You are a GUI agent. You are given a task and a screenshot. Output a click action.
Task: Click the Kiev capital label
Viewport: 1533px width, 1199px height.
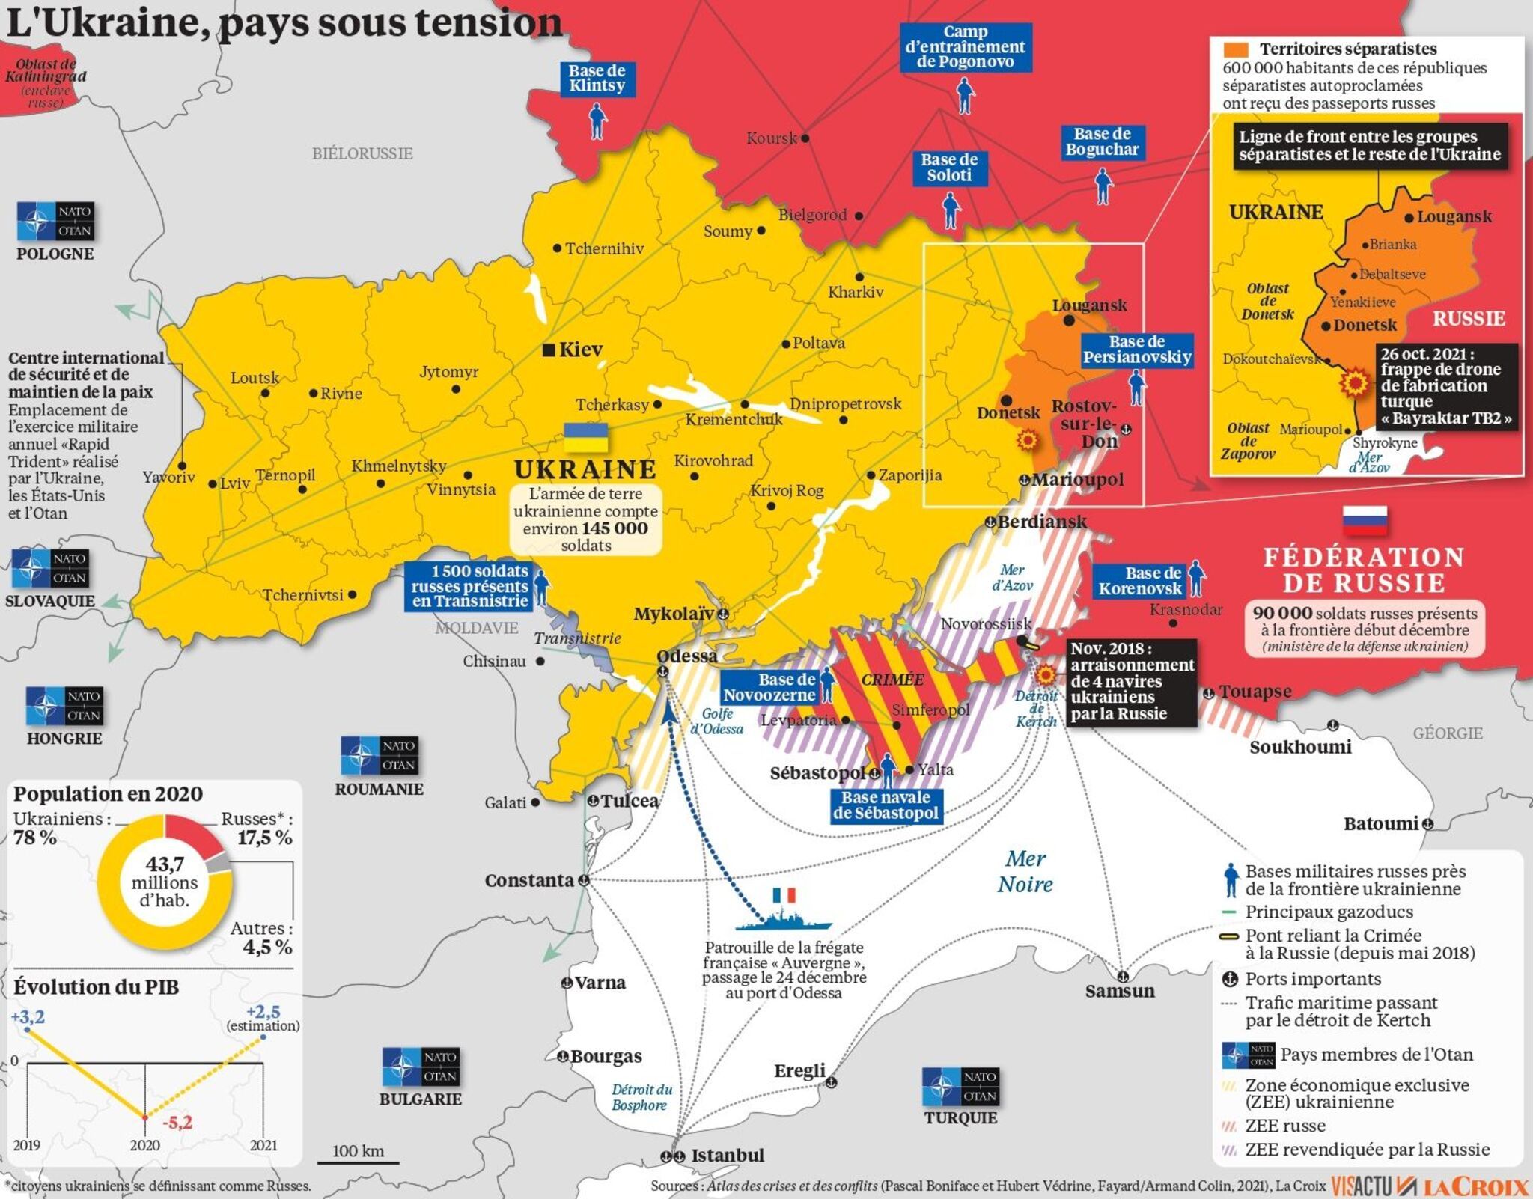coord(580,350)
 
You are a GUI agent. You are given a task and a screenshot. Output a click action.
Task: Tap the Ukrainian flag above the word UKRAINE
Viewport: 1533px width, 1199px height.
coord(585,438)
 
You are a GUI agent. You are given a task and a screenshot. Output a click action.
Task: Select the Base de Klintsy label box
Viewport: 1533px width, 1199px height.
coord(597,79)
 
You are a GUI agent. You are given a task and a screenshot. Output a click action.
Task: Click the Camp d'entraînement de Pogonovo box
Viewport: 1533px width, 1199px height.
coord(965,47)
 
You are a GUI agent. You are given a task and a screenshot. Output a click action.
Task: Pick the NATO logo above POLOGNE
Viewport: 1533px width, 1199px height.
coord(55,222)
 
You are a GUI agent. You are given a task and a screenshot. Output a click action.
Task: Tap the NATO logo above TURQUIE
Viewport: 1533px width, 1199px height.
coord(960,1087)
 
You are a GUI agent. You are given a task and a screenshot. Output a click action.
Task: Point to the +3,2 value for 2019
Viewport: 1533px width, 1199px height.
coord(28,1017)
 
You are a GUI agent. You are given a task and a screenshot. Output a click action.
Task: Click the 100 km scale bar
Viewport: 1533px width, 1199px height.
coord(358,1162)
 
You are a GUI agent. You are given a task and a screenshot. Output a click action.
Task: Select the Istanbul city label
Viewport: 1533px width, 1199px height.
coord(727,1156)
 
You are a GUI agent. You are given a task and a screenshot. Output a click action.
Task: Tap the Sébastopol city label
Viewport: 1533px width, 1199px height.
coord(817,773)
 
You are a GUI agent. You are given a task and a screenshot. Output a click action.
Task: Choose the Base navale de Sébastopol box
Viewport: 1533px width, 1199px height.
coord(886,805)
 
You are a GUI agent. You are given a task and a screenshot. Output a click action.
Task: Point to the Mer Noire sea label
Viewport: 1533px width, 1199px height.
coord(1025,871)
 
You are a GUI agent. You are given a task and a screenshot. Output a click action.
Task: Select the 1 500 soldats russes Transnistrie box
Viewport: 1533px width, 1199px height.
coord(470,586)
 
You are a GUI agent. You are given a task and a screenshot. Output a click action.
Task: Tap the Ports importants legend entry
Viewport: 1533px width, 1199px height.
coord(1312,979)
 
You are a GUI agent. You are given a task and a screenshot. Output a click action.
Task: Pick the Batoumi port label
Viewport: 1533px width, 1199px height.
coord(1381,824)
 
